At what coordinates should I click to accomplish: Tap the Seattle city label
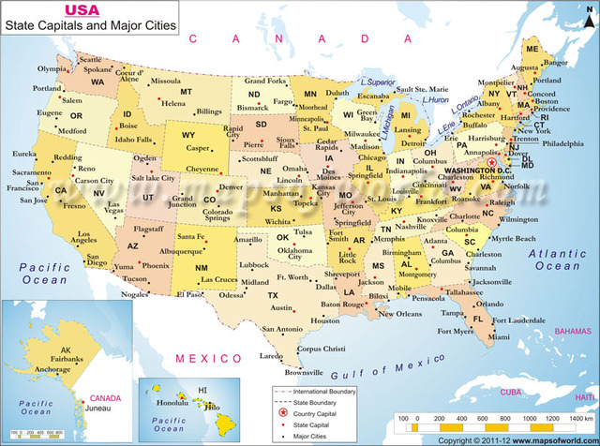[x=67, y=60]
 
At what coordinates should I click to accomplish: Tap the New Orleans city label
[x=400, y=314]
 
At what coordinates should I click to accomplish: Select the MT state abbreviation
[x=186, y=92]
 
